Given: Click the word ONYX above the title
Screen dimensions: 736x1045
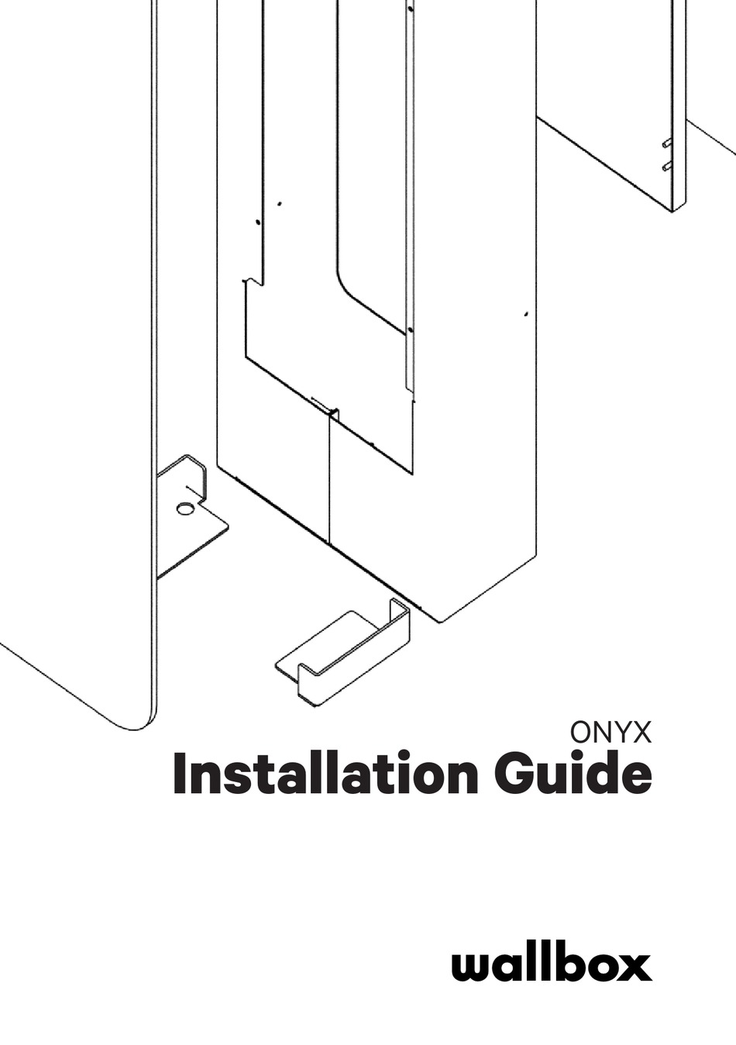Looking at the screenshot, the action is pyautogui.click(x=610, y=733).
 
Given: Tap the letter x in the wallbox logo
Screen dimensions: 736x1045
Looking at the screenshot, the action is pyautogui.click(x=635, y=968).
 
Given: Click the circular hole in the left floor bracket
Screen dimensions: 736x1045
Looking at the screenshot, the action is pyautogui.click(x=185, y=509).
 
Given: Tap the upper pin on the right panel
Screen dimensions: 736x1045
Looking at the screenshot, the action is pyautogui.click(x=665, y=143).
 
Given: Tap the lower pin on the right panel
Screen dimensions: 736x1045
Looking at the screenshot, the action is pyautogui.click(x=665, y=166).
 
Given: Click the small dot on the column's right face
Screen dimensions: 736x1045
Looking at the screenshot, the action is pyautogui.click(x=526, y=314).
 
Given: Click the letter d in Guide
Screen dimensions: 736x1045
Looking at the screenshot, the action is pyautogui.click(x=603, y=777).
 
